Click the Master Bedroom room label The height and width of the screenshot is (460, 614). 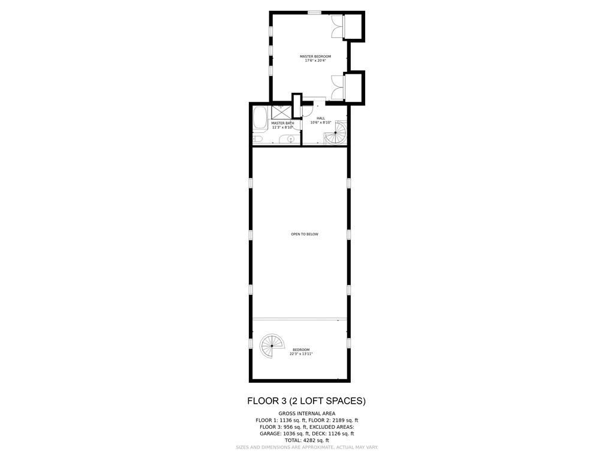point(315,56)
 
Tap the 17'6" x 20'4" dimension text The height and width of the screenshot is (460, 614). point(315,60)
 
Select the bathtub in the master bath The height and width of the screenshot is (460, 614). point(260,118)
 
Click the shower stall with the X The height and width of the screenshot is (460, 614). point(282,112)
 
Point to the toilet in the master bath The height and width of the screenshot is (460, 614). point(258,139)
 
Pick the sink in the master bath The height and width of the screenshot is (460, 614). point(290,139)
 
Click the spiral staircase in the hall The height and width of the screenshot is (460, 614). point(336,132)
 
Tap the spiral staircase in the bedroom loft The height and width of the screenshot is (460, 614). point(272,346)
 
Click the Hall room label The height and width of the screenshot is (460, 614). point(321,118)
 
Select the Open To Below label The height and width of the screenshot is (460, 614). point(305,234)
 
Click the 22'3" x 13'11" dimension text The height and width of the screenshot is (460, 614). point(301,354)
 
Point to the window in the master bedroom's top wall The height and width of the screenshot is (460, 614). point(314,13)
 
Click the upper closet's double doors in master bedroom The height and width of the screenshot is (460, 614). point(337,26)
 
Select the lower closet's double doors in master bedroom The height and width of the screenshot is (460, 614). point(337,87)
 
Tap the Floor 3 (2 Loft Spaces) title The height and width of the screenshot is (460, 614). point(306,401)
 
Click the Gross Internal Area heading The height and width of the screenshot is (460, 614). point(306,413)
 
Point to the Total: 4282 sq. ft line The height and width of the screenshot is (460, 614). point(306,440)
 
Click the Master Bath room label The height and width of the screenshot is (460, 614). point(283,123)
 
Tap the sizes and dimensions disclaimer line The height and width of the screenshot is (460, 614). point(306,447)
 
